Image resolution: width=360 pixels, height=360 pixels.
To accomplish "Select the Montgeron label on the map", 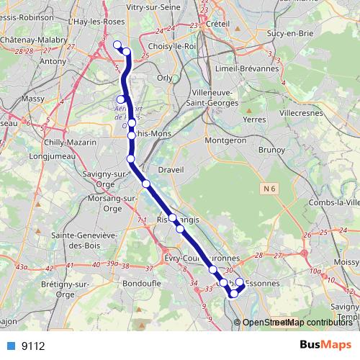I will tap(225, 140).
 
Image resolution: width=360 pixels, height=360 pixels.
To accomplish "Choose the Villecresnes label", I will tap(303, 114).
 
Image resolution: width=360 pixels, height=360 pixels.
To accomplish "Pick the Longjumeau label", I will tap(30, 155).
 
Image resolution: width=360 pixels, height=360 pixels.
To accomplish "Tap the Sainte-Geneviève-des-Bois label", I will tap(76, 240).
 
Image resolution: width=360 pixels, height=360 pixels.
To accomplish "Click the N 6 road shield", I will tap(269, 189).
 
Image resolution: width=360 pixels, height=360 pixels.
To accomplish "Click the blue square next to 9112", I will tap(12, 346).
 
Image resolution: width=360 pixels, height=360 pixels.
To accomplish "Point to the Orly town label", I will tap(165, 78).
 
